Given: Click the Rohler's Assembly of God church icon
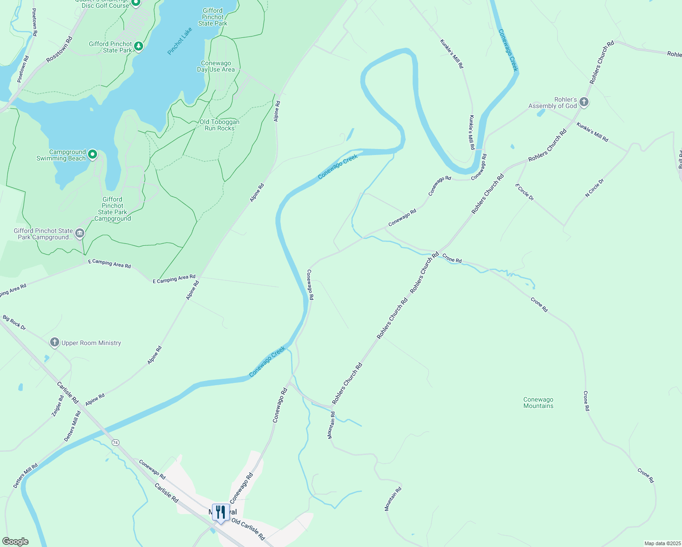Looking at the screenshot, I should click(584, 103).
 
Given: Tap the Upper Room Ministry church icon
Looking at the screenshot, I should click(55, 343).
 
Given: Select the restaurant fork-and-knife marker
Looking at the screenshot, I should click(221, 512).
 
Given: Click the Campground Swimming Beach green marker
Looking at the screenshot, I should click(93, 155).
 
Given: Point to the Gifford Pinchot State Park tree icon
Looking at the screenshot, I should click(139, 46).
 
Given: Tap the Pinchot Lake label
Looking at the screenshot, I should click(180, 41).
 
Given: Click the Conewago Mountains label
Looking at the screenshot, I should click(538, 403).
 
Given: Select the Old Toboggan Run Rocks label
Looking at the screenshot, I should click(219, 125).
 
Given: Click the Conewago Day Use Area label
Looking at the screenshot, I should click(216, 67).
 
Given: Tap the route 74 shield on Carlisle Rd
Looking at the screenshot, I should click(115, 443).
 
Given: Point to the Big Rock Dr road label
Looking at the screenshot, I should click(14, 322).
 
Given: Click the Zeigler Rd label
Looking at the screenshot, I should click(57, 406).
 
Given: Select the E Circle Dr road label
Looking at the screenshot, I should click(524, 192).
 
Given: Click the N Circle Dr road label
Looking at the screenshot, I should click(594, 188).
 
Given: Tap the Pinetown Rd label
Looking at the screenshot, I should click(35, 22).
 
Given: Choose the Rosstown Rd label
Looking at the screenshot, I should click(59, 50).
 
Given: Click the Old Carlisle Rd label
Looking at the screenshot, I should click(248, 529).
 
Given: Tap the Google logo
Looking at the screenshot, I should click(15, 542).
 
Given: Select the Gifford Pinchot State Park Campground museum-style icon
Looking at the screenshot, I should click(80, 234).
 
